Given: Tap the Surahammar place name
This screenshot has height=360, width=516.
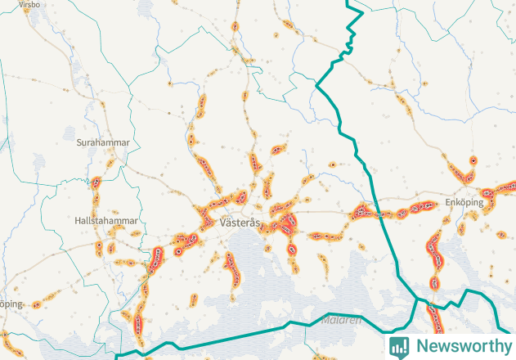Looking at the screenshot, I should (x=103, y=142).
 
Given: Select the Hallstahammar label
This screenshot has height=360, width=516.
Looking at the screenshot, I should (x=105, y=221).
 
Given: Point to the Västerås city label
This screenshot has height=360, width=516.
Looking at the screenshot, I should (x=240, y=223).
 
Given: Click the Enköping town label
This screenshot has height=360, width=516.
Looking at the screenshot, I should (x=464, y=201).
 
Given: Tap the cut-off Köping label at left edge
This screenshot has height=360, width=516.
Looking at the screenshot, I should (x=10, y=304).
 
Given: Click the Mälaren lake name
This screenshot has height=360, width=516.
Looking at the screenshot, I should (x=341, y=320).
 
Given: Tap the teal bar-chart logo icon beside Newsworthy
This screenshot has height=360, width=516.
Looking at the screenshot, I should (x=400, y=346).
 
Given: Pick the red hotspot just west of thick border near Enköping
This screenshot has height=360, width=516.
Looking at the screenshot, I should (x=364, y=213).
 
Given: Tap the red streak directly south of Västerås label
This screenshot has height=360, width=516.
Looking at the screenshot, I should (x=232, y=267).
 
